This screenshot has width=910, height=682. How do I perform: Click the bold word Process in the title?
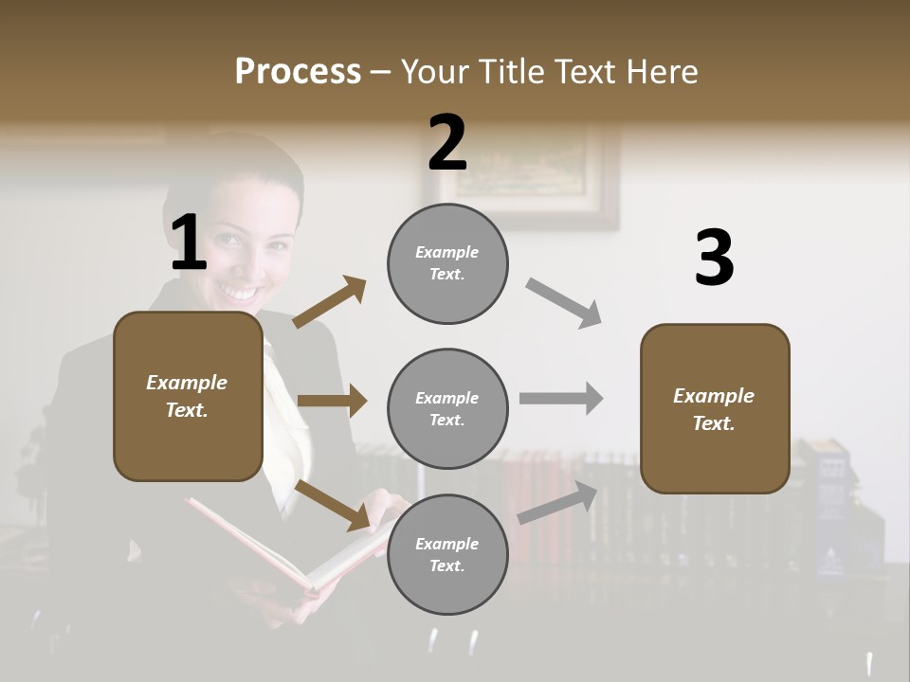click(298, 71)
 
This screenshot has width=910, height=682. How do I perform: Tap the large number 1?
click(189, 243)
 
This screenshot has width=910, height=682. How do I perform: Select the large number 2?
click(447, 143)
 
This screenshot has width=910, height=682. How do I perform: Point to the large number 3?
click(714, 259)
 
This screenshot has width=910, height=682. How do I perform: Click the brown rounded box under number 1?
click(188, 396)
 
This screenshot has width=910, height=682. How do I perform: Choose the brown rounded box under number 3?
click(715, 408)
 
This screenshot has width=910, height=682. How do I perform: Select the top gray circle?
click(447, 263)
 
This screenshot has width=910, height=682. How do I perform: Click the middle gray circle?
click(447, 408)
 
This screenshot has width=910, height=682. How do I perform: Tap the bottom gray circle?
click(447, 554)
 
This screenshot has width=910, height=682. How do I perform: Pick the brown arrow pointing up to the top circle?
click(329, 303)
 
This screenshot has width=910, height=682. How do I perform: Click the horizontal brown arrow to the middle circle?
click(332, 402)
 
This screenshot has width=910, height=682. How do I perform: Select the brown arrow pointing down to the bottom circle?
click(332, 505)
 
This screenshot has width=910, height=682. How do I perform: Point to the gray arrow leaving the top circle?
click(564, 303)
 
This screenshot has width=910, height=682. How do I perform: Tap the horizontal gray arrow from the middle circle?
click(561, 399)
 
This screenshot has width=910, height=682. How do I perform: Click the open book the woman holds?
click(284, 549)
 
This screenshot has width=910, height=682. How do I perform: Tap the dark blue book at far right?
click(829, 511)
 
